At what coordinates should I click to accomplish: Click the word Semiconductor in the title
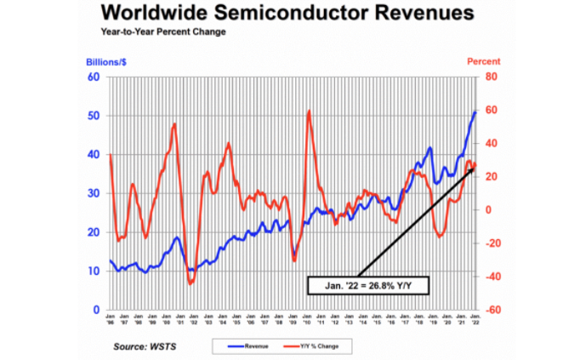click(x=299, y=14)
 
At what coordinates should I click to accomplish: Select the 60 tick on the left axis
click(x=94, y=77)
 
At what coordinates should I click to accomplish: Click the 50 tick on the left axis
click(x=94, y=116)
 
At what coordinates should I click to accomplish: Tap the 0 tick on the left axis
click(x=96, y=311)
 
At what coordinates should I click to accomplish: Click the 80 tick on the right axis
click(x=490, y=77)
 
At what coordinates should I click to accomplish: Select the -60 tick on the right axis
click(x=491, y=311)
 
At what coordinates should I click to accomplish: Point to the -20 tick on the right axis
click(x=491, y=243)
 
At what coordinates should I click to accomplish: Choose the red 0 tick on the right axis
click(x=487, y=210)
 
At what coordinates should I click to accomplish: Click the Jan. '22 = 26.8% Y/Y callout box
click(x=368, y=285)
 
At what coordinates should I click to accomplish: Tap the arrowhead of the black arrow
click(x=471, y=169)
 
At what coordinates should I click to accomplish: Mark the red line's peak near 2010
click(x=308, y=111)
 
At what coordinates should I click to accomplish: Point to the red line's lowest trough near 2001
click(x=191, y=283)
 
